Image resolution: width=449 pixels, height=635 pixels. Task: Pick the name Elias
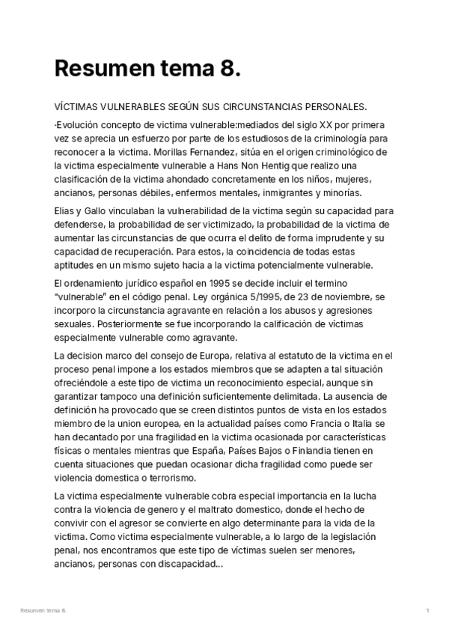[66, 211]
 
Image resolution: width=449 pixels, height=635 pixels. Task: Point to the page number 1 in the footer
[427, 611]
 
